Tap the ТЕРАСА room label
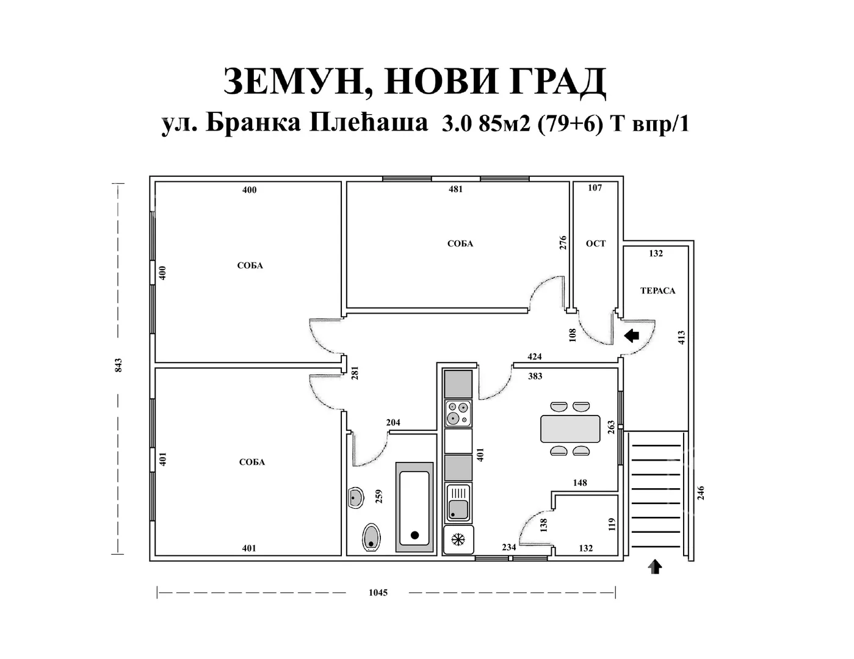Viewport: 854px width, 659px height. click(657, 290)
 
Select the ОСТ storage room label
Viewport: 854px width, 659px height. click(596, 243)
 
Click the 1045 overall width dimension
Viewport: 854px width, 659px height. click(378, 592)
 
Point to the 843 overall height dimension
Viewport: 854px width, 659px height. click(118, 366)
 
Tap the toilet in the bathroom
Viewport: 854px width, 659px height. click(371, 537)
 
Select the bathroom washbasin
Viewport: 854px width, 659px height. click(356, 498)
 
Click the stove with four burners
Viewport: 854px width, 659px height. click(458, 414)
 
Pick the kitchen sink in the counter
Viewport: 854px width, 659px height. click(458, 502)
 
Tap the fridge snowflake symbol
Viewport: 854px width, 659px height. click(458, 539)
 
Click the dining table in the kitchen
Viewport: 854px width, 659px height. click(570, 429)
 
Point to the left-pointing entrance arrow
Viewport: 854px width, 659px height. click(632, 336)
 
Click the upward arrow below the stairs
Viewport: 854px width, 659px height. click(655, 567)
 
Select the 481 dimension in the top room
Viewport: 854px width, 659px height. click(455, 189)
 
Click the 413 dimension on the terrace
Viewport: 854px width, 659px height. click(681, 338)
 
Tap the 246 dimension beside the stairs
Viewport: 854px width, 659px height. click(701, 493)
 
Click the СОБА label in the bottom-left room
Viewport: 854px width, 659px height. click(252, 463)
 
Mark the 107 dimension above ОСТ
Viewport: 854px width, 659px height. click(595, 188)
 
